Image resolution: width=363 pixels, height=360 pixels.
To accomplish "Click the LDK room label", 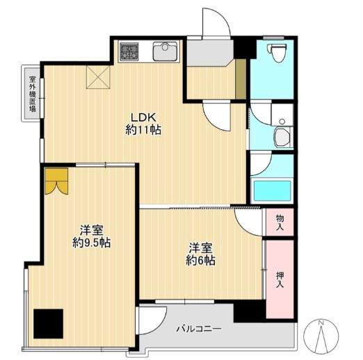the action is point(143,117).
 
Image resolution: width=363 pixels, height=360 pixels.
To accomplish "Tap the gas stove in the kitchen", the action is point(129,51).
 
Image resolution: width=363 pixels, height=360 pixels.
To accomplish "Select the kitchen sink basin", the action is point(165,51).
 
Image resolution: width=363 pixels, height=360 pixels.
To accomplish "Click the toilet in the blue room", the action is point(277,52).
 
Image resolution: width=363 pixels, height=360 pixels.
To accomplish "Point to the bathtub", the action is point(272,190).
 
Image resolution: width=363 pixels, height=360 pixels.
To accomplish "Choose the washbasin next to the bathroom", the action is point(282,138).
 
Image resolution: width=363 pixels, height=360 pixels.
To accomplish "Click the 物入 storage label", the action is point(280,222).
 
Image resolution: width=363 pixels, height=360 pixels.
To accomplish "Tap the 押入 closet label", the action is point(280,280).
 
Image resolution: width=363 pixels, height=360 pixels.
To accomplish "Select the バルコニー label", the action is point(199,328).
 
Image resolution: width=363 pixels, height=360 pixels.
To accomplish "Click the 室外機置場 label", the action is point(33,94).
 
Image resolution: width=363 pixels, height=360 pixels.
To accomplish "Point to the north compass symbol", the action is point(321,336).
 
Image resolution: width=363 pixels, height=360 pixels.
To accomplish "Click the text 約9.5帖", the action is point(91,243).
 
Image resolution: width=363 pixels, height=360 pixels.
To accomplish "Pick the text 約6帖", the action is point(200,261).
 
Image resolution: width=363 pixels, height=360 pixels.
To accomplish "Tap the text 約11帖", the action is point(143,130).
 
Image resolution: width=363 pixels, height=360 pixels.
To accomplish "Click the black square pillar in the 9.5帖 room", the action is point(48,323).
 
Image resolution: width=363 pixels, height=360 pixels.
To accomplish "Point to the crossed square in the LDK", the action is point(98,77).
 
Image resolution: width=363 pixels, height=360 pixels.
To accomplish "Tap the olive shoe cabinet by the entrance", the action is point(241,79).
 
